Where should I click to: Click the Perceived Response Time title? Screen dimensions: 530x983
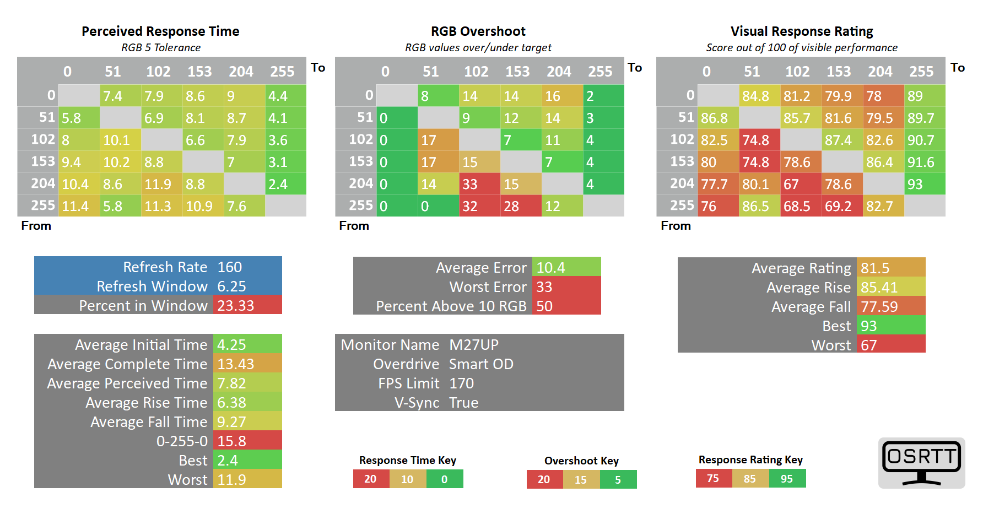pyautogui.click(x=160, y=31)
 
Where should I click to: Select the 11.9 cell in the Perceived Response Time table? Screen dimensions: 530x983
pyautogui.click(x=161, y=184)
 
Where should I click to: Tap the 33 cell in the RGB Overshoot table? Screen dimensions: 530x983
pyautogui.click(x=479, y=184)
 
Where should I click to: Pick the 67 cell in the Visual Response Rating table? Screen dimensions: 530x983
pyautogui.click(x=801, y=184)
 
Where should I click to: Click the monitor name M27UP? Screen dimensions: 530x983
pyautogui.click(x=474, y=345)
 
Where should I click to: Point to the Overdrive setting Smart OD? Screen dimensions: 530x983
pyautogui.click(x=481, y=364)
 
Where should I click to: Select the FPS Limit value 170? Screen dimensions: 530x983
pyautogui.click(x=461, y=383)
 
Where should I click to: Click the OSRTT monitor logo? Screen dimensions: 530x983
pyautogui.click(x=921, y=462)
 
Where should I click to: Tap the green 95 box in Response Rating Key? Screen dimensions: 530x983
pyautogui.click(x=787, y=479)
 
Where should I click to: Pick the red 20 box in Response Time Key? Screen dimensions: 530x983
pyautogui.click(x=370, y=479)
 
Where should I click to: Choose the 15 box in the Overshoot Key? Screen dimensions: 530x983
pyautogui.click(x=581, y=480)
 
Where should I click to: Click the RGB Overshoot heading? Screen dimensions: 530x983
pyautogui.click(x=478, y=31)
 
